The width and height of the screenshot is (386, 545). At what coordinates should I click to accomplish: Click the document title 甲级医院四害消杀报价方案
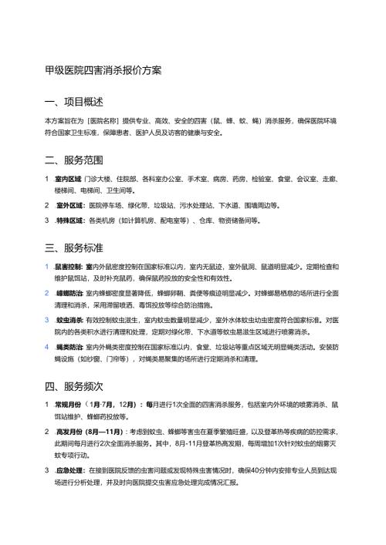pyautogui.click(x=103, y=71)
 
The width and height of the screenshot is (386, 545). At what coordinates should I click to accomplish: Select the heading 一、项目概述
pyautogui.click(x=74, y=102)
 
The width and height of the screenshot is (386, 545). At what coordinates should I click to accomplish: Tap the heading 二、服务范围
pyautogui.click(x=74, y=161)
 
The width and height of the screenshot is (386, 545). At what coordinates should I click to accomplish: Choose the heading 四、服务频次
pyautogui.click(x=74, y=385)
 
